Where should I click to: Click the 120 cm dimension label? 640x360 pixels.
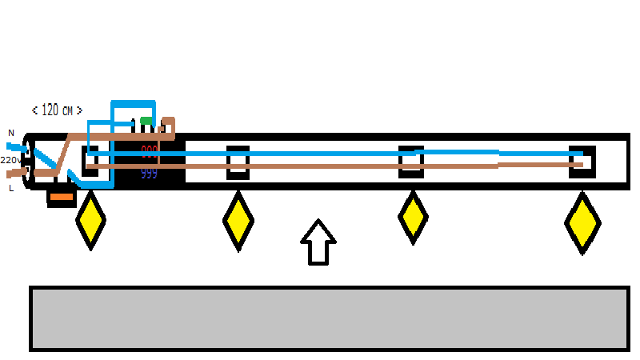pos(57,110)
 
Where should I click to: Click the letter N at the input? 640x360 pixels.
pos(11,133)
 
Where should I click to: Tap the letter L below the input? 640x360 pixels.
pos(11,189)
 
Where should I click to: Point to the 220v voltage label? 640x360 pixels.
pos(10,160)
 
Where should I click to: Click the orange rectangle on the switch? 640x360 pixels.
pos(62,197)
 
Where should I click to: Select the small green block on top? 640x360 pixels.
pos(146,122)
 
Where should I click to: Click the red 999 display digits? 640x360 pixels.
pos(150,150)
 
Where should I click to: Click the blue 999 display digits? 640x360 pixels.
pos(149,174)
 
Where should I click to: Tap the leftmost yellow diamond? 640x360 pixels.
pos(90,220)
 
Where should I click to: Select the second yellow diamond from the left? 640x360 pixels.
pos(238,220)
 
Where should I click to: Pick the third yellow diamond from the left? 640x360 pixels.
pos(413,216)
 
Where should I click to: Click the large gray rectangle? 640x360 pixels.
pos(328,318)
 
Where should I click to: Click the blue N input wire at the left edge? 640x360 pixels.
pos(14,147)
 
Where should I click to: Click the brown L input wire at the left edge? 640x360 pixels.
pos(14,171)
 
